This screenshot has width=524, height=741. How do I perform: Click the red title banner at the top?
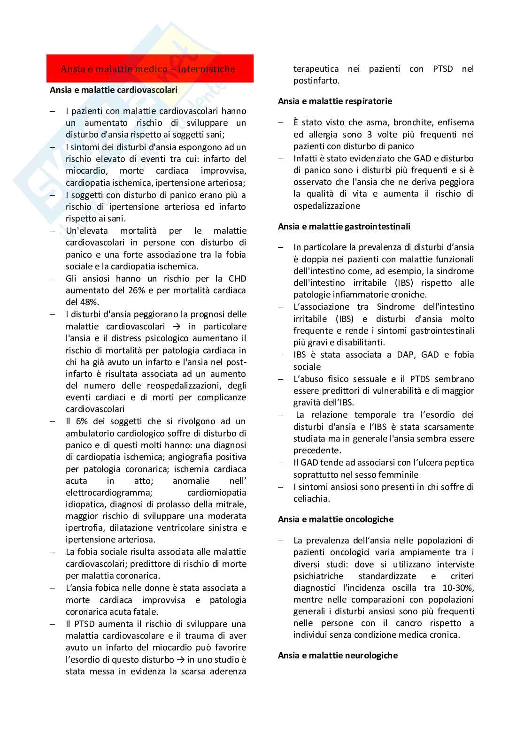coord(150,69)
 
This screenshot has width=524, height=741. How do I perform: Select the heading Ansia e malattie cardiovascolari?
coord(114,90)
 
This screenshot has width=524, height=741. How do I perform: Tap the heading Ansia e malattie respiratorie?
coord(335,101)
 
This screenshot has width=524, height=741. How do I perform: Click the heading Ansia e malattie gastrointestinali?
coord(344,226)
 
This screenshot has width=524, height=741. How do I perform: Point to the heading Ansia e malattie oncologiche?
coord(335,519)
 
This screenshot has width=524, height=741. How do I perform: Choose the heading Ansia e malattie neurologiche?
coord(338,655)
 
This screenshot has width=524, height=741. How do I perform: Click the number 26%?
coord(137,290)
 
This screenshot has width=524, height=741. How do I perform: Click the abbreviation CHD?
coord(237,279)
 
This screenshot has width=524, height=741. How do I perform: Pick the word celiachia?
coord(311,499)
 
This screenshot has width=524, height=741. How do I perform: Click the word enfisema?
coord(455,122)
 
